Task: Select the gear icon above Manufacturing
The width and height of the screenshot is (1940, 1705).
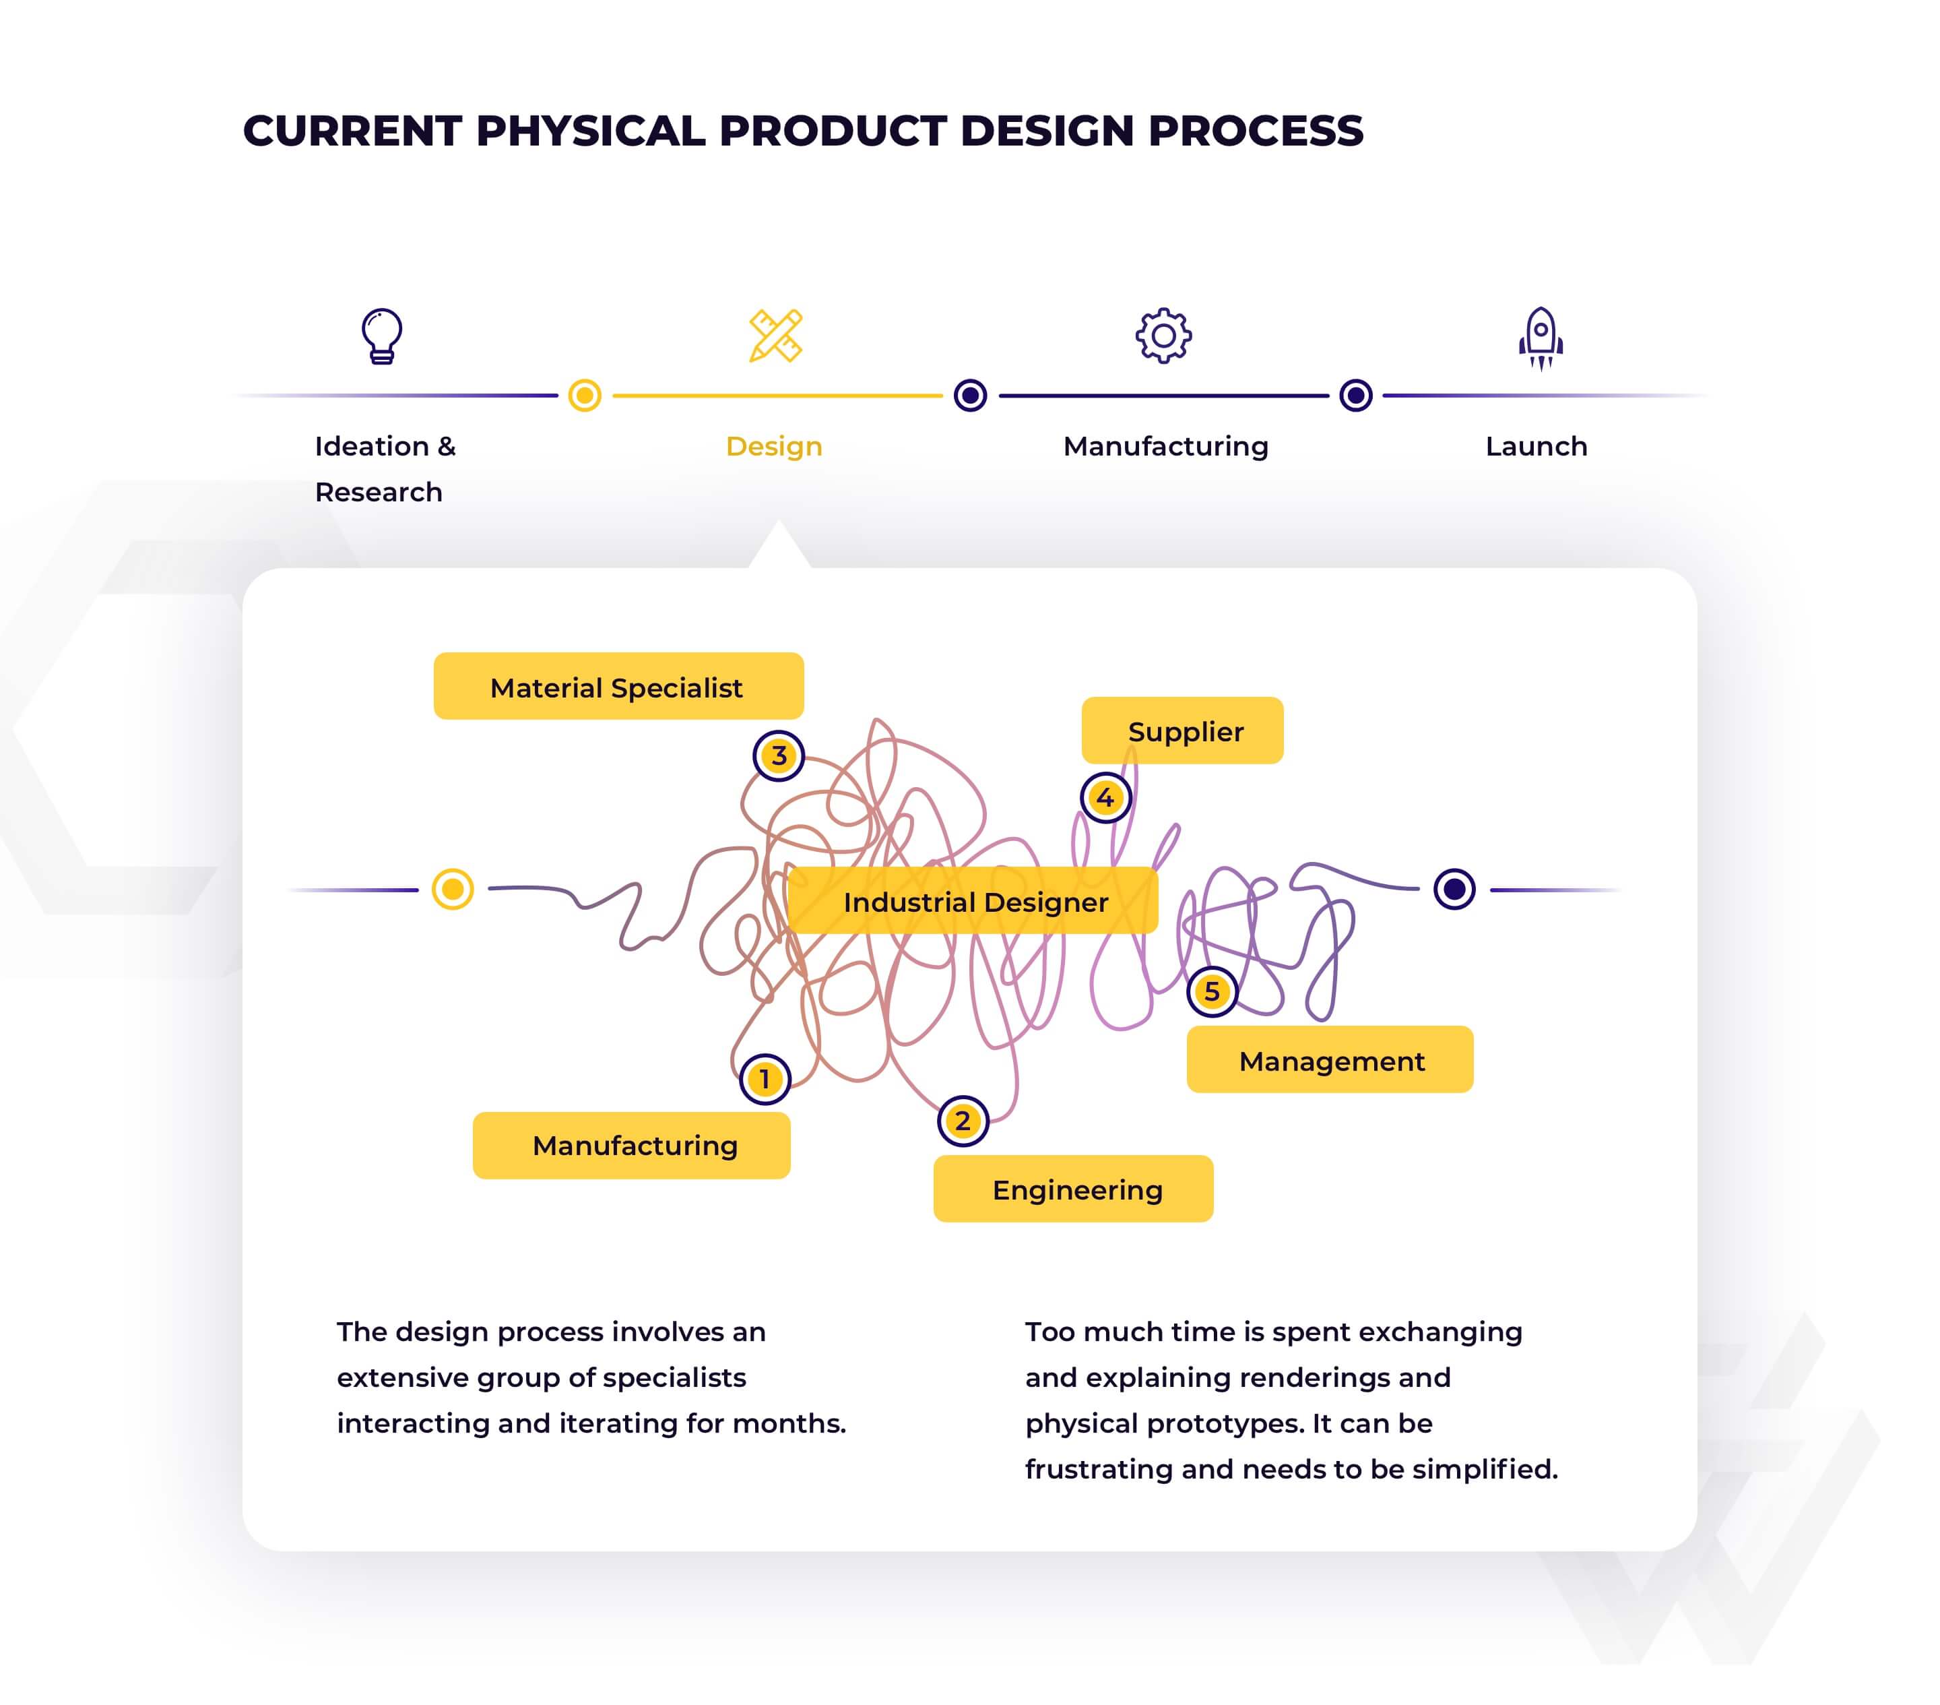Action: pos(1163,335)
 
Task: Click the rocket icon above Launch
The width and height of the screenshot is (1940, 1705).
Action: pos(1541,337)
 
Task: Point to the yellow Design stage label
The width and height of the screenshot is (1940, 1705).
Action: pos(773,446)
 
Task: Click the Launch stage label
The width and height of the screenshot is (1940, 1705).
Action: pos(1536,446)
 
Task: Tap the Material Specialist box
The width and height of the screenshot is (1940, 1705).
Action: pos(618,686)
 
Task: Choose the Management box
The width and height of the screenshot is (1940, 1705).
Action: pos(1330,1059)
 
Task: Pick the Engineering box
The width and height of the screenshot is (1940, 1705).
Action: pos(1074,1189)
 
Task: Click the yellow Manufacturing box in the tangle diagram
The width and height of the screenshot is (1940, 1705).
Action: pos(631,1145)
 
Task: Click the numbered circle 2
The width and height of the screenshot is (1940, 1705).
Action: pos(963,1121)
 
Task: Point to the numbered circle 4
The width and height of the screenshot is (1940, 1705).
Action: pos(1105,797)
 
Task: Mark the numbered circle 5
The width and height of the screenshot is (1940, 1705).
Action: pos(1212,991)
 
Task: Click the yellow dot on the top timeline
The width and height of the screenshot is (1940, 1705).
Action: pos(585,395)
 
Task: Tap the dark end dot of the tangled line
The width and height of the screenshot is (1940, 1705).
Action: pos(1454,889)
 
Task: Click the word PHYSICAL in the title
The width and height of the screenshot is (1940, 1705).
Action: pos(590,131)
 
